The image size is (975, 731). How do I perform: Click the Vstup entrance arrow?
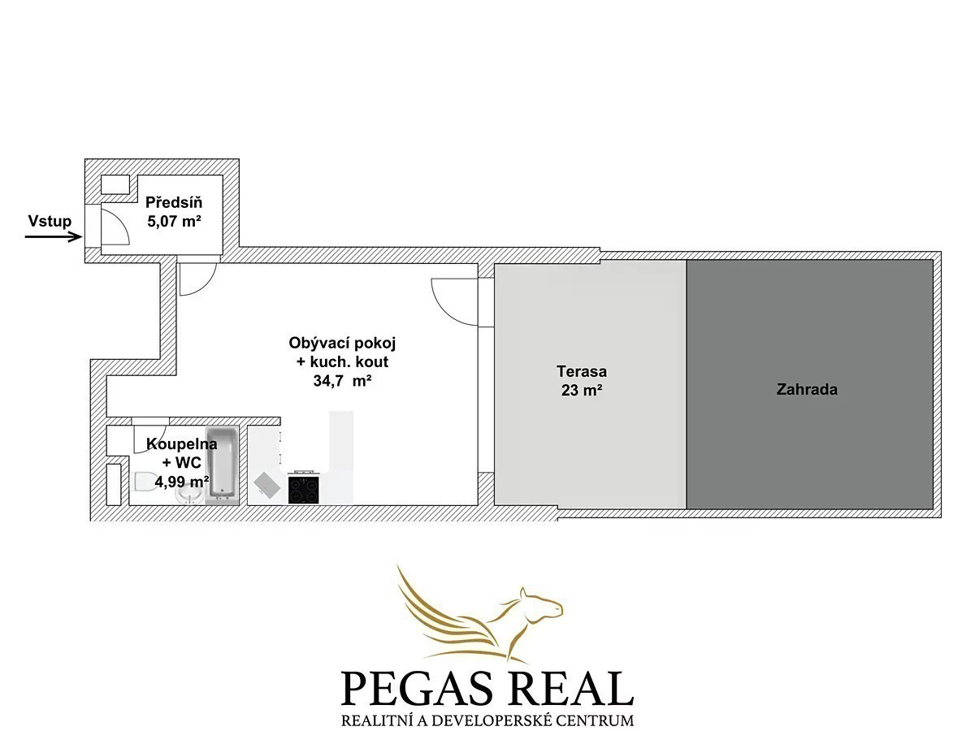(x=54, y=237)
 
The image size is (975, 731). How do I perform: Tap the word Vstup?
(x=50, y=221)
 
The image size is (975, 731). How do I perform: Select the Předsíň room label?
(x=174, y=202)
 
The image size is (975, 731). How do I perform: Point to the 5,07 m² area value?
(x=174, y=221)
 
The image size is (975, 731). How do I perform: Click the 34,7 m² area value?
(x=342, y=381)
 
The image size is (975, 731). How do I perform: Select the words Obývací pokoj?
(x=342, y=343)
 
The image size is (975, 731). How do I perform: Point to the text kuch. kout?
(x=349, y=361)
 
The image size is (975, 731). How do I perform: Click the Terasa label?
(x=582, y=371)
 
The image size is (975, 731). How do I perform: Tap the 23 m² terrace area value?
(x=582, y=390)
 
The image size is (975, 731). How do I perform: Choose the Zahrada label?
(x=807, y=389)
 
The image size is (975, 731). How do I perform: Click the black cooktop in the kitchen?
(x=303, y=490)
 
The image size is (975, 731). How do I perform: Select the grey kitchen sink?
(x=267, y=484)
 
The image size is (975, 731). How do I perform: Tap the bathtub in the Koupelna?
(x=223, y=465)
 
